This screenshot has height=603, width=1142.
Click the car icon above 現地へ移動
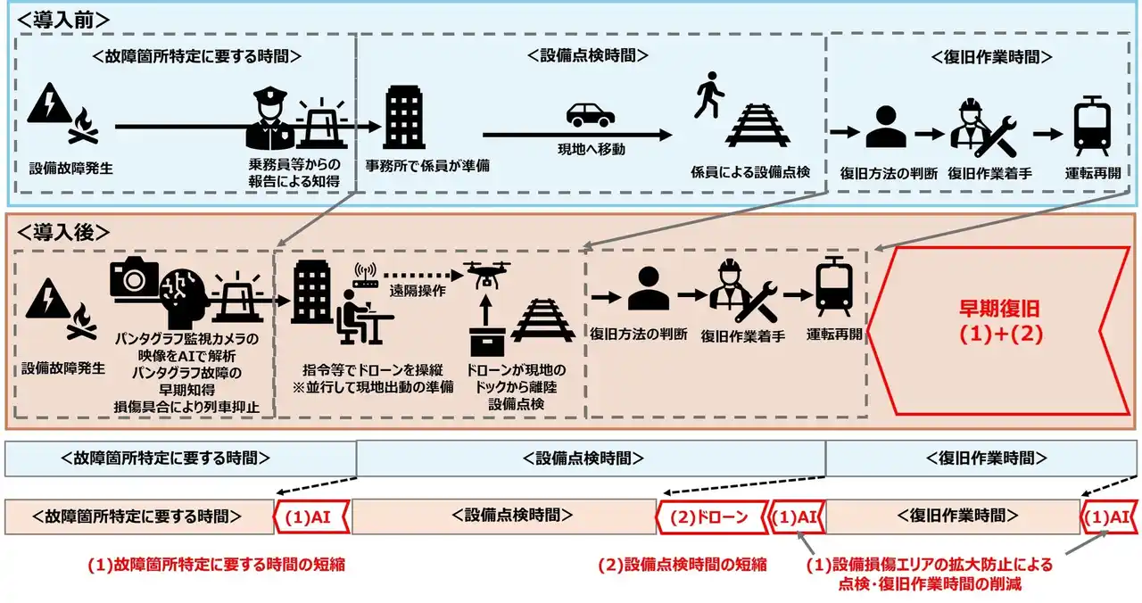point(591,115)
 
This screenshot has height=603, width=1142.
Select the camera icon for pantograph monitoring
point(135,278)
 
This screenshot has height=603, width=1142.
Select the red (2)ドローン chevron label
point(710,516)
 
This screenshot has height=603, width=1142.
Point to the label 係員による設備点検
point(750,172)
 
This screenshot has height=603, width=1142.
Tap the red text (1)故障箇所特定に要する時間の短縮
point(217,565)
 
